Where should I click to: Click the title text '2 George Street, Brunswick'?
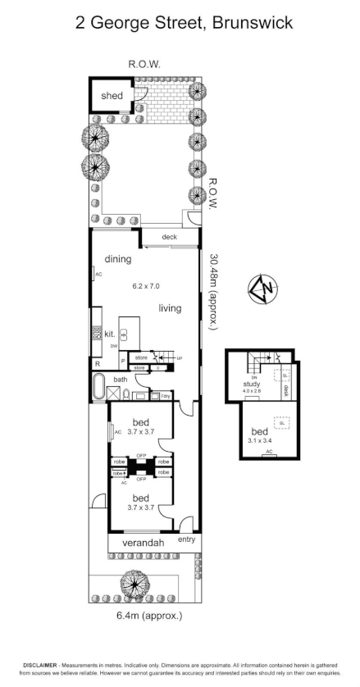[179, 23]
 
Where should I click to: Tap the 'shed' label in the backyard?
[112, 96]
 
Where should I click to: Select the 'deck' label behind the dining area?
[169, 238]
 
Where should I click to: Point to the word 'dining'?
[117, 259]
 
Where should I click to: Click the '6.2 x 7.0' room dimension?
[147, 287]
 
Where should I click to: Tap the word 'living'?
[170, 308]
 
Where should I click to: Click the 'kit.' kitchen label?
[109, 334]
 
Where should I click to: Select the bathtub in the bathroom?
[99, 385]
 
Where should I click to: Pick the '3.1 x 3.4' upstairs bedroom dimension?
[259, 439]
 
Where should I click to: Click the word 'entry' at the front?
[186, 539]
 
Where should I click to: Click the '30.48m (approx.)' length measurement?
[214, 291]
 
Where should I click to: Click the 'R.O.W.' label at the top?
[143, 63]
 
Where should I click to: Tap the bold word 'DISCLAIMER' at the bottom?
[39, 665]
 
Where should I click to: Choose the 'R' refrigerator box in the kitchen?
[98, 363]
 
